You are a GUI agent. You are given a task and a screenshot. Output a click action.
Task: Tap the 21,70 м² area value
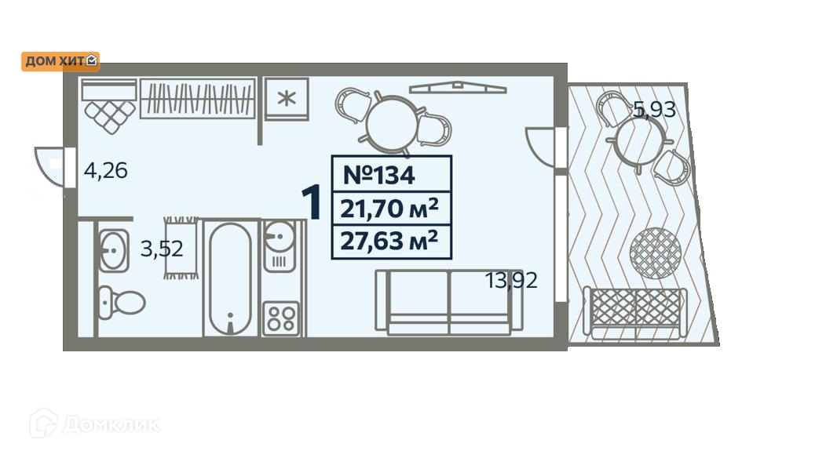click(x=389, y=209)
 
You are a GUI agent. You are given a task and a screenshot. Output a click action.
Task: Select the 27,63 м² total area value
click(x=389, y=242)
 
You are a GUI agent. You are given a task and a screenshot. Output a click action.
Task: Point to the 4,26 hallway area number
click(x=105, y=170)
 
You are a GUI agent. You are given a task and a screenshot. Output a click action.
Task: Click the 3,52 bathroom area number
click(x=162, y=249)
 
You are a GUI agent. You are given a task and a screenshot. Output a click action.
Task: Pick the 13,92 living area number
click(x=511, y=280)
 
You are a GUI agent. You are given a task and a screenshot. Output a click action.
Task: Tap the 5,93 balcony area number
click(x=654, y=111)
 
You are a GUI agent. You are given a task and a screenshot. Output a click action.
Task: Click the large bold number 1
click(x=312, y=203)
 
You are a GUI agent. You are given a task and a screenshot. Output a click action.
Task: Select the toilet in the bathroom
click(x=121, y=301)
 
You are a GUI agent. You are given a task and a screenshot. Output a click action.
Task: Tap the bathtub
click(x=230, y=278)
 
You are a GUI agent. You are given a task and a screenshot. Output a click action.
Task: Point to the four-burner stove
click(x=280, y=318)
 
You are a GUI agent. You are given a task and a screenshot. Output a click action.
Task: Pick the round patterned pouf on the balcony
click(x=653, y=252)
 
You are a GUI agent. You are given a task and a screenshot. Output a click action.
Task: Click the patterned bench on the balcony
click(x=637, y=311)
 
